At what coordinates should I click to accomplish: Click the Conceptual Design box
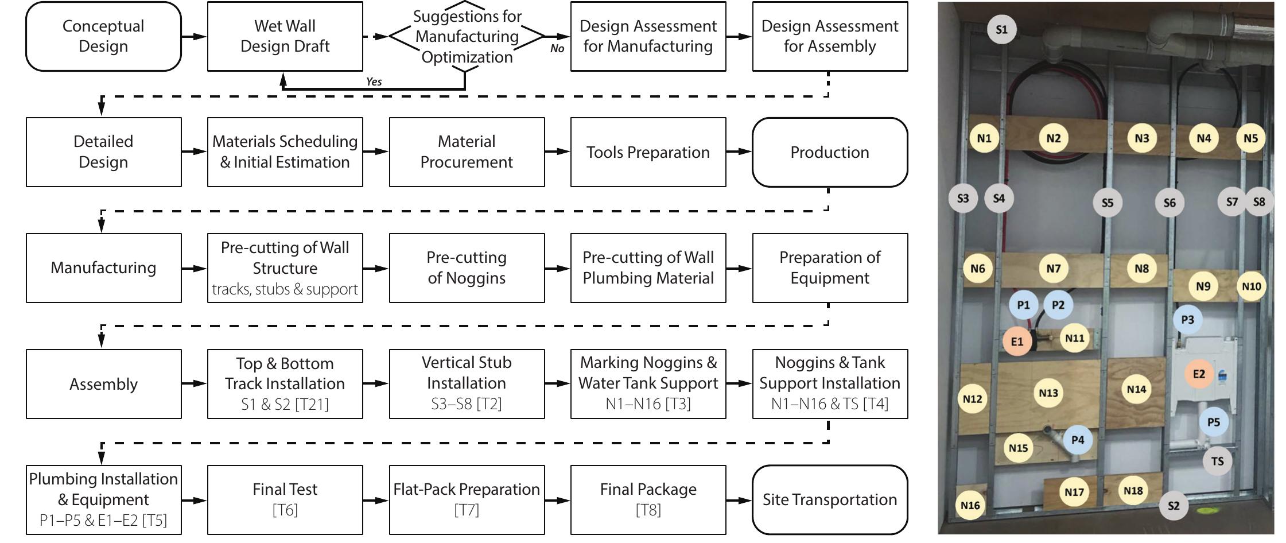103,36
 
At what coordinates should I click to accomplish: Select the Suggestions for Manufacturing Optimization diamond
467,36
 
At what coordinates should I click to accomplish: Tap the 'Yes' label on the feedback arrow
374,82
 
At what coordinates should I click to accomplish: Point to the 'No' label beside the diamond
557,49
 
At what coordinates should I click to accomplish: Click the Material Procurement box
467,152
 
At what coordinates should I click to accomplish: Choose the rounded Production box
829,152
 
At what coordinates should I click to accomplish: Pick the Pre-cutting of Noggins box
467,268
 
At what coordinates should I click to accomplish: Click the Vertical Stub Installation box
467,383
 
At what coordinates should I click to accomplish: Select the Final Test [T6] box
285,499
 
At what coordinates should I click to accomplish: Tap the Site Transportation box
829,499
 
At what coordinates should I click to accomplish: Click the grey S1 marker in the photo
1001,29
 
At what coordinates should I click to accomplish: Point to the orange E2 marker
1199,374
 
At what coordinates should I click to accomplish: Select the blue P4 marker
1078,440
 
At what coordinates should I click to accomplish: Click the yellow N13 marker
1048,393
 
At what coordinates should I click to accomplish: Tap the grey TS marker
1217,461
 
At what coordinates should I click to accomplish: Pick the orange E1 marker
1017,342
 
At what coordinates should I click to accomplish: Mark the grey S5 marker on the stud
1107,203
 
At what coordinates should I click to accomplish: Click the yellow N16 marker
970,505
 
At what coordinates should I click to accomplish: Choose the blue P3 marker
1187,320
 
